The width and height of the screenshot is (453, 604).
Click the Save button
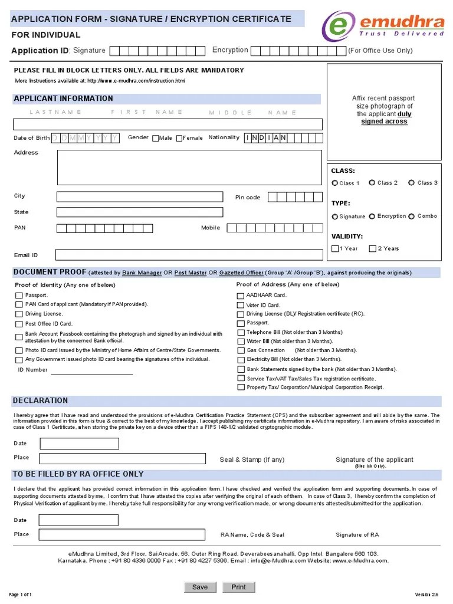tap(200, 587)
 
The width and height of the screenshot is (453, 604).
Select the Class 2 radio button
tap(372, 183)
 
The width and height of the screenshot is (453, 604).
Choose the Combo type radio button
tap(411, 216)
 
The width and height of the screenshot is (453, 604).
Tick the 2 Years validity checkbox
tap(372, 248)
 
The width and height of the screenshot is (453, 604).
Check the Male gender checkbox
tap(156, 138)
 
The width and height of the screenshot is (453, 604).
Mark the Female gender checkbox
tap(179, 138)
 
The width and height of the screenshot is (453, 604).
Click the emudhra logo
tap(383, 25)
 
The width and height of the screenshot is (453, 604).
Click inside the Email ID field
tap(189, 255)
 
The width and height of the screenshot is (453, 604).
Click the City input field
tap(140, 196)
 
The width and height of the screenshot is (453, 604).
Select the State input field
tap(140, 212)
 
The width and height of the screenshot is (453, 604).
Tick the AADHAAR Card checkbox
tap(240, 296)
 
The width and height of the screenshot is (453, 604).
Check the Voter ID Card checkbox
tap(240, 305)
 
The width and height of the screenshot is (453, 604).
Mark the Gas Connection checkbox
tap(240, 350)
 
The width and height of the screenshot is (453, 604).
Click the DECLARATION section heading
tap(41, 401)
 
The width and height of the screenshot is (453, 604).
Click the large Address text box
tap(189, 167)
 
